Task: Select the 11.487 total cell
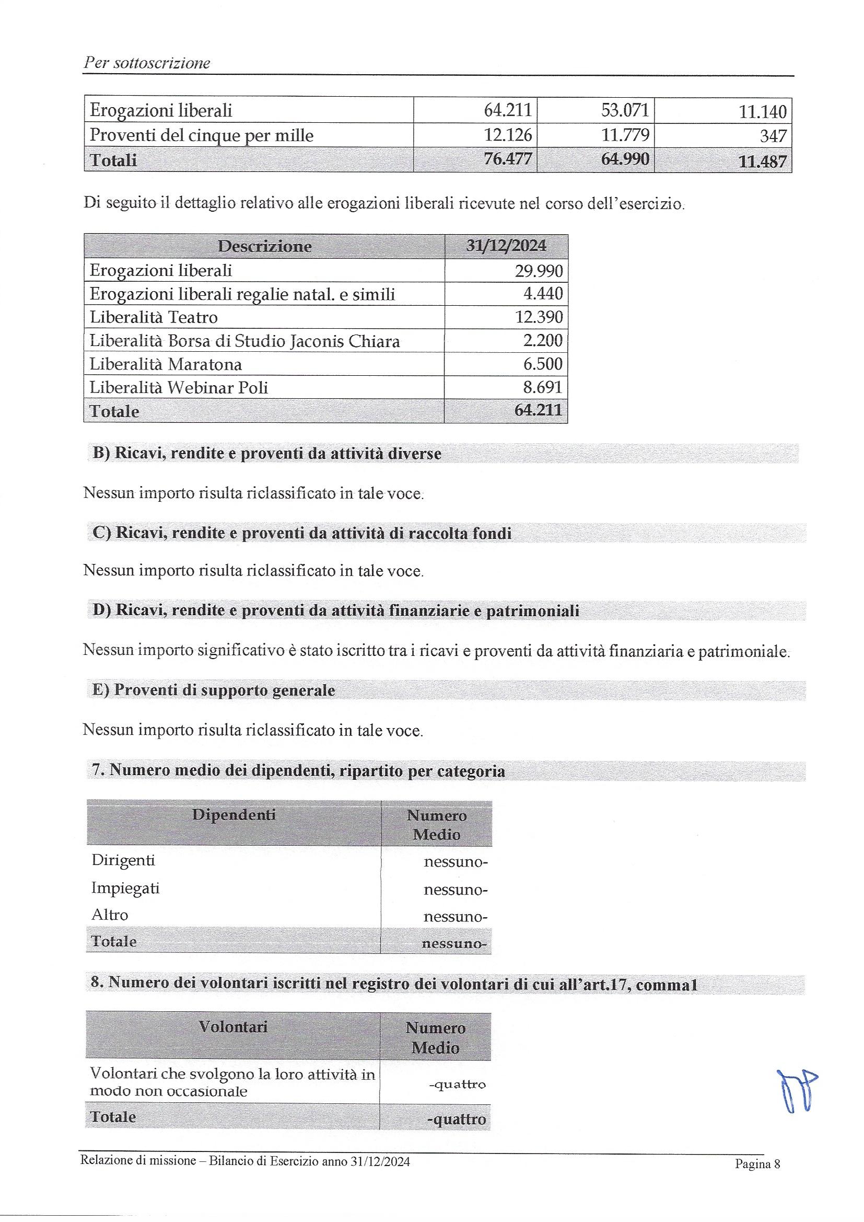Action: [762, 161]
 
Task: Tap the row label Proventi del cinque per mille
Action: [201, 135]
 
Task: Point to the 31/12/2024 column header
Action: [506, 245]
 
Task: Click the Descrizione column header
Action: [264, 246]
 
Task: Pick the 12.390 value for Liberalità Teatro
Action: [539, 317]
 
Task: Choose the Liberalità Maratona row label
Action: [166, 364]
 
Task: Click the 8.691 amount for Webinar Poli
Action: [542, 387]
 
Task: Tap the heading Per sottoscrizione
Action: [146, 63]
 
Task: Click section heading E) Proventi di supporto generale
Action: [213, 690]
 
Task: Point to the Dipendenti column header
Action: [233, 815]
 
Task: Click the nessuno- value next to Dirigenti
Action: [456, 862]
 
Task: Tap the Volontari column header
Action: [232, 1027]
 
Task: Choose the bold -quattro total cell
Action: [456, 1119]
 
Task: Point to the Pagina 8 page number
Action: [757, 1163]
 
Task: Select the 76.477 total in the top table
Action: [508, 159]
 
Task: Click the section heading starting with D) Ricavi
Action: [336, 610]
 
